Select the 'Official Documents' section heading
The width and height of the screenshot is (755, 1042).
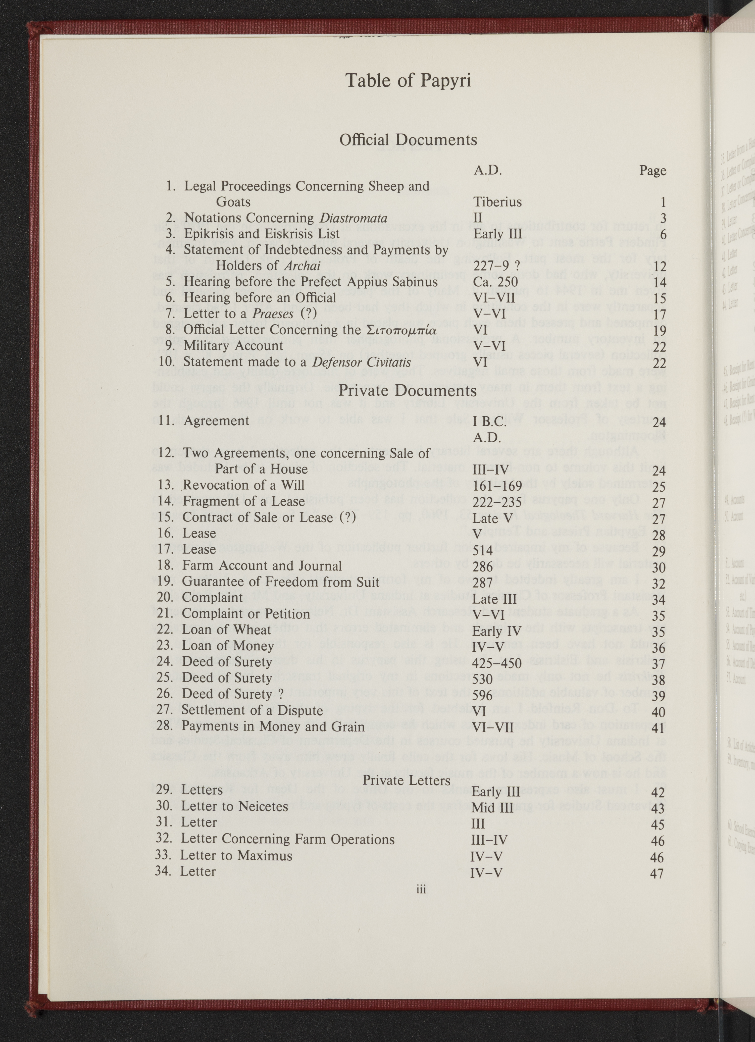[408, 140]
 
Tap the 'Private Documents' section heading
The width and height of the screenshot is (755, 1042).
[408, 391]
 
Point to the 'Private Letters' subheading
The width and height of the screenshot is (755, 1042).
[406, 780]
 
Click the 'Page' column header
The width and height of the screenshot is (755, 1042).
[652, 171]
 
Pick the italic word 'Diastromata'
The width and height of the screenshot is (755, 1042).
[353, 218]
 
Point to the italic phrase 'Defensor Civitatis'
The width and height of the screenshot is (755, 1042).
[362, 362]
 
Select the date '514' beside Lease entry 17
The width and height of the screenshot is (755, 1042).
[482, 550]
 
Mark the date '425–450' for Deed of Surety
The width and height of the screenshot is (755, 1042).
[496, 663]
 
